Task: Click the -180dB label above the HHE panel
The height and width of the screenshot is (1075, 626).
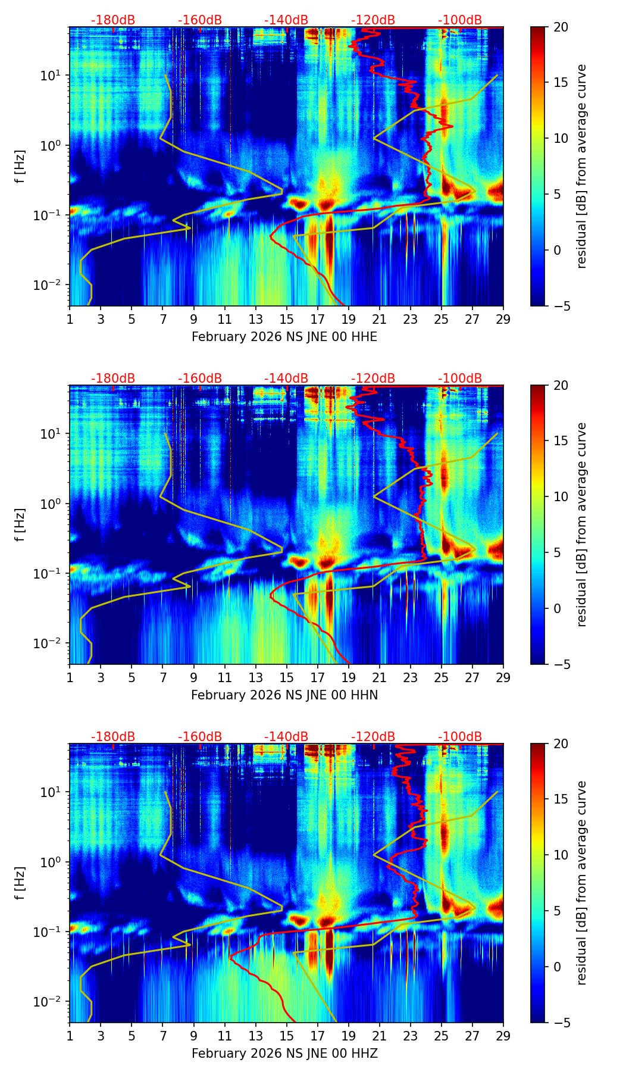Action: pyautogui.click(x=113, y=20)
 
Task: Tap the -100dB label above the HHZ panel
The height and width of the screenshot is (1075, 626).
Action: pyautogui.click(x=460, y=737)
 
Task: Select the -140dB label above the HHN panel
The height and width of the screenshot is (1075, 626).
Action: pyautogui.click(x=286, y=379)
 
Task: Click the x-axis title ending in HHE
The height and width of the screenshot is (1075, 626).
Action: pyautogui.click(x=284, y=337)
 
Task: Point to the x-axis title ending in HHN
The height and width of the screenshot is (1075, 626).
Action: pyautogui.click(x=284, y=695)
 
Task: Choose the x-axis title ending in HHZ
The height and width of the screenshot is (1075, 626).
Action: pyautogui.click(x=284, y=1054)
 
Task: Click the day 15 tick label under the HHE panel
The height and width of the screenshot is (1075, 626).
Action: pyautogui.click(x=286, y=320)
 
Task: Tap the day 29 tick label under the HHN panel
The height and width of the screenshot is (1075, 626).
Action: pyautogui.click(x=503, y=678)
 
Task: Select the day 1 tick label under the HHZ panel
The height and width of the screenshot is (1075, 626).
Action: pyautogui.click(x=70, y=1036)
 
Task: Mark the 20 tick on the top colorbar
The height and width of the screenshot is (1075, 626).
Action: pyautogui.click(x=560, y=27)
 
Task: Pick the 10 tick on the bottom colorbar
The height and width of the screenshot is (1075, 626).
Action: pyautogui.click(x=560, y=855)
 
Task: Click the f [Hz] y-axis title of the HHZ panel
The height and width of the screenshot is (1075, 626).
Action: pyautogui.click(x=20, y=883)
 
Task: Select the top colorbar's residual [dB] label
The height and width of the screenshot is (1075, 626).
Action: pyautogui.click(x=581, y=167)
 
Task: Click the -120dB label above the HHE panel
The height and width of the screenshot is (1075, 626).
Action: pyautogui.click(x=373, y=20)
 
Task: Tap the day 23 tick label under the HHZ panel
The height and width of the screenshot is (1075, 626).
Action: pyautogui.click(x=410, y=1036)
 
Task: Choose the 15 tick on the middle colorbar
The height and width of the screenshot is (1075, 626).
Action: pyautogui.click(x=560, y=440)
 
